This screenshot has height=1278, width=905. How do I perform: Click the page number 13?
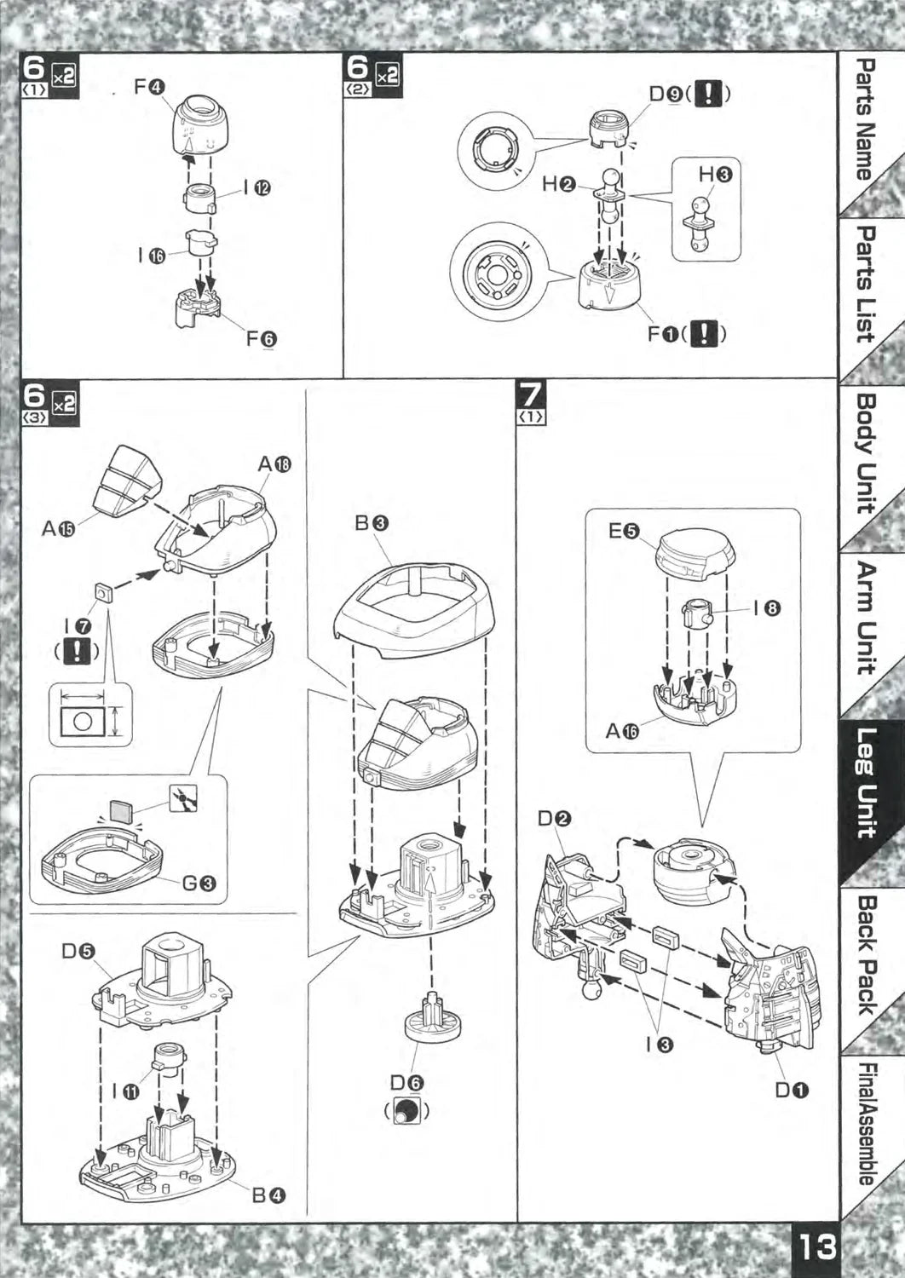coord(816,1249)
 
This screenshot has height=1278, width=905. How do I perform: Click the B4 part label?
coord(268,1195)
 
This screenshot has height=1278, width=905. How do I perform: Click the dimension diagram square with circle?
coord(83,719)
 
